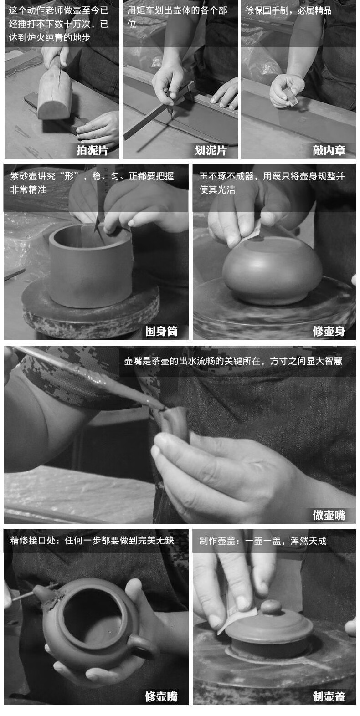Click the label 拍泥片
click(92, 150)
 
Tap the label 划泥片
click(211, 150)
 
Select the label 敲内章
click(329, 150)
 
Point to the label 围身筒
click(161, 331)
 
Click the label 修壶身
click(329, 331)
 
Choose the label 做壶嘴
click(329, 515)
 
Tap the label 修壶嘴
click(161, 696)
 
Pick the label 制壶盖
click(329, 696)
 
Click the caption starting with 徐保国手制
click(288, 10)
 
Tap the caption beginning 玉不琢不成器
click(272, 183)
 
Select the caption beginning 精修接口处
click(92, 541)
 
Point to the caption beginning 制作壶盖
click(263, 541)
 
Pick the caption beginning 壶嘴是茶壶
click(233, 361)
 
